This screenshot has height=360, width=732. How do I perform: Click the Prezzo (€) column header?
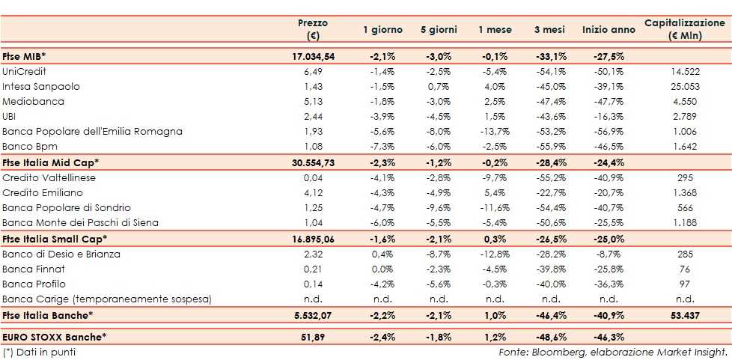click(313, 29)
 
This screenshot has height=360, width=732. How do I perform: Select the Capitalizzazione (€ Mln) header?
click(684, 29)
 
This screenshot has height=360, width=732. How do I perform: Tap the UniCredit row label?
click(25, 71)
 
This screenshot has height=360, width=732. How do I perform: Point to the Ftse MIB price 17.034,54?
click(313, 56)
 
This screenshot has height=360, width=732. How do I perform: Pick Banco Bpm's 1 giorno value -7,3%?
click(382, 147)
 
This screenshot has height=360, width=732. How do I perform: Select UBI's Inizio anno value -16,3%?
click(603, 117)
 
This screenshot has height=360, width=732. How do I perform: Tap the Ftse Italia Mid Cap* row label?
click(50, 162)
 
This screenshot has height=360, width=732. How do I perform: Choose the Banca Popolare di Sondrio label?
click(67, 207)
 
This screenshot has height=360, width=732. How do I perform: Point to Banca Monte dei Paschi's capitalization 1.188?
click(684, 222)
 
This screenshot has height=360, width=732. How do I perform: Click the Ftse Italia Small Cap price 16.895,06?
click(313, 239)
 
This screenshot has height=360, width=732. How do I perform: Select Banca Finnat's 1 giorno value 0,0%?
click(382, 269)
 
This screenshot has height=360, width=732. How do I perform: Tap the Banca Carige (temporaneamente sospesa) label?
click(107, 299)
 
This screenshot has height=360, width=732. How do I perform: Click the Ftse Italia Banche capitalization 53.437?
click(684, 315)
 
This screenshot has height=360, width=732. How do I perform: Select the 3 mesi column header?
click(549, 29)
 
